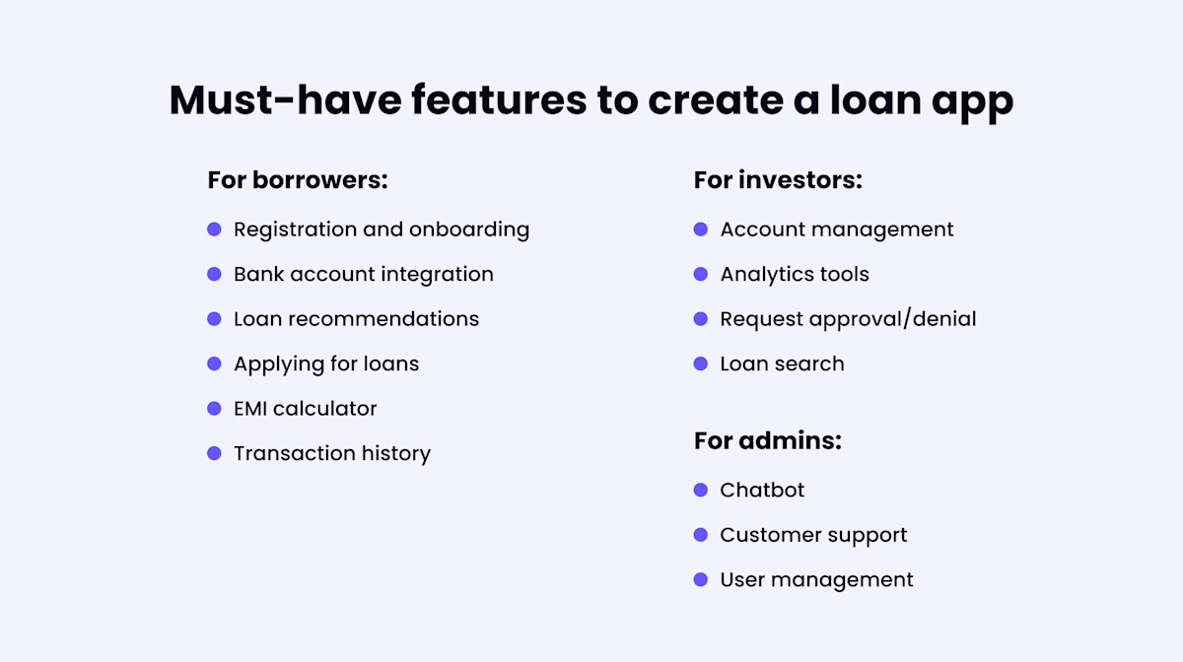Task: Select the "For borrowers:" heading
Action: click(x=298, y=180)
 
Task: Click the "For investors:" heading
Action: click(x=778, y=180)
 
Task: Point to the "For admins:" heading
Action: click(x=768, y=440)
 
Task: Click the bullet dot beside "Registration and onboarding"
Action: click(x=214, y=230)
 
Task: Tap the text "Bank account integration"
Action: click(x=363, y=274)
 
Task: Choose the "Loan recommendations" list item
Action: click(x=356, y=319)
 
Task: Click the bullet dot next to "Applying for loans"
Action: click(x=214, y=364)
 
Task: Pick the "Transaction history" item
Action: click(x=331, y=453)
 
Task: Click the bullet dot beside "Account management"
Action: click(x=701, y=230)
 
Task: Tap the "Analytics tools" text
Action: click(x=795, y=274)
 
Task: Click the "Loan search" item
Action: click(x=782, y=364)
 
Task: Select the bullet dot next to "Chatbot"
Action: click(x=701, y=490)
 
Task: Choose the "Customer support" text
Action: click(x=813, y=535)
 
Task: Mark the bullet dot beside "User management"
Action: click(x=701, y=579)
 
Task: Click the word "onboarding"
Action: click(x=469, y=230)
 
